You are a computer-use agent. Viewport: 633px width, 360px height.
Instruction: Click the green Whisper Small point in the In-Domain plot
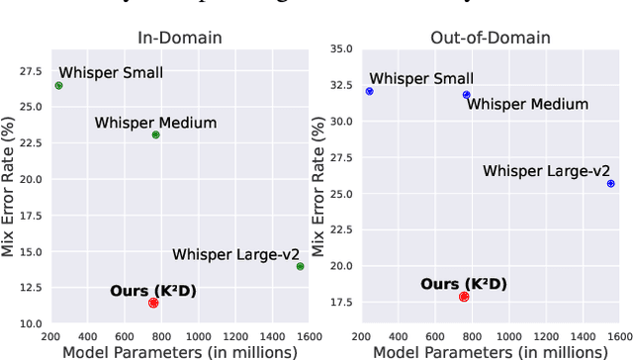tap(58, 86)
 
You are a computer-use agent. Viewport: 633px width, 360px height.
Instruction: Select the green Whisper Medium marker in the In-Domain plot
tap(155, 135)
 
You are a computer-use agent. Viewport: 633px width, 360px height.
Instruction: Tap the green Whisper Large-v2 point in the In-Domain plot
tap(300, 266)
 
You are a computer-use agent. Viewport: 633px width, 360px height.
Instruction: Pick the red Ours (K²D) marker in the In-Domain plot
tap(153, 303)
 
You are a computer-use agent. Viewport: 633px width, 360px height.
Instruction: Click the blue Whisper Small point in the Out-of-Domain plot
tap(369, 91)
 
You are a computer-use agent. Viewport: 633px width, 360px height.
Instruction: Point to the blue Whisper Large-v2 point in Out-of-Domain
tap(610, 183)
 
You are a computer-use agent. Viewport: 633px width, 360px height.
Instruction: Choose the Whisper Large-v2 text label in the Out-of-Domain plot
tap(546, 171)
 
